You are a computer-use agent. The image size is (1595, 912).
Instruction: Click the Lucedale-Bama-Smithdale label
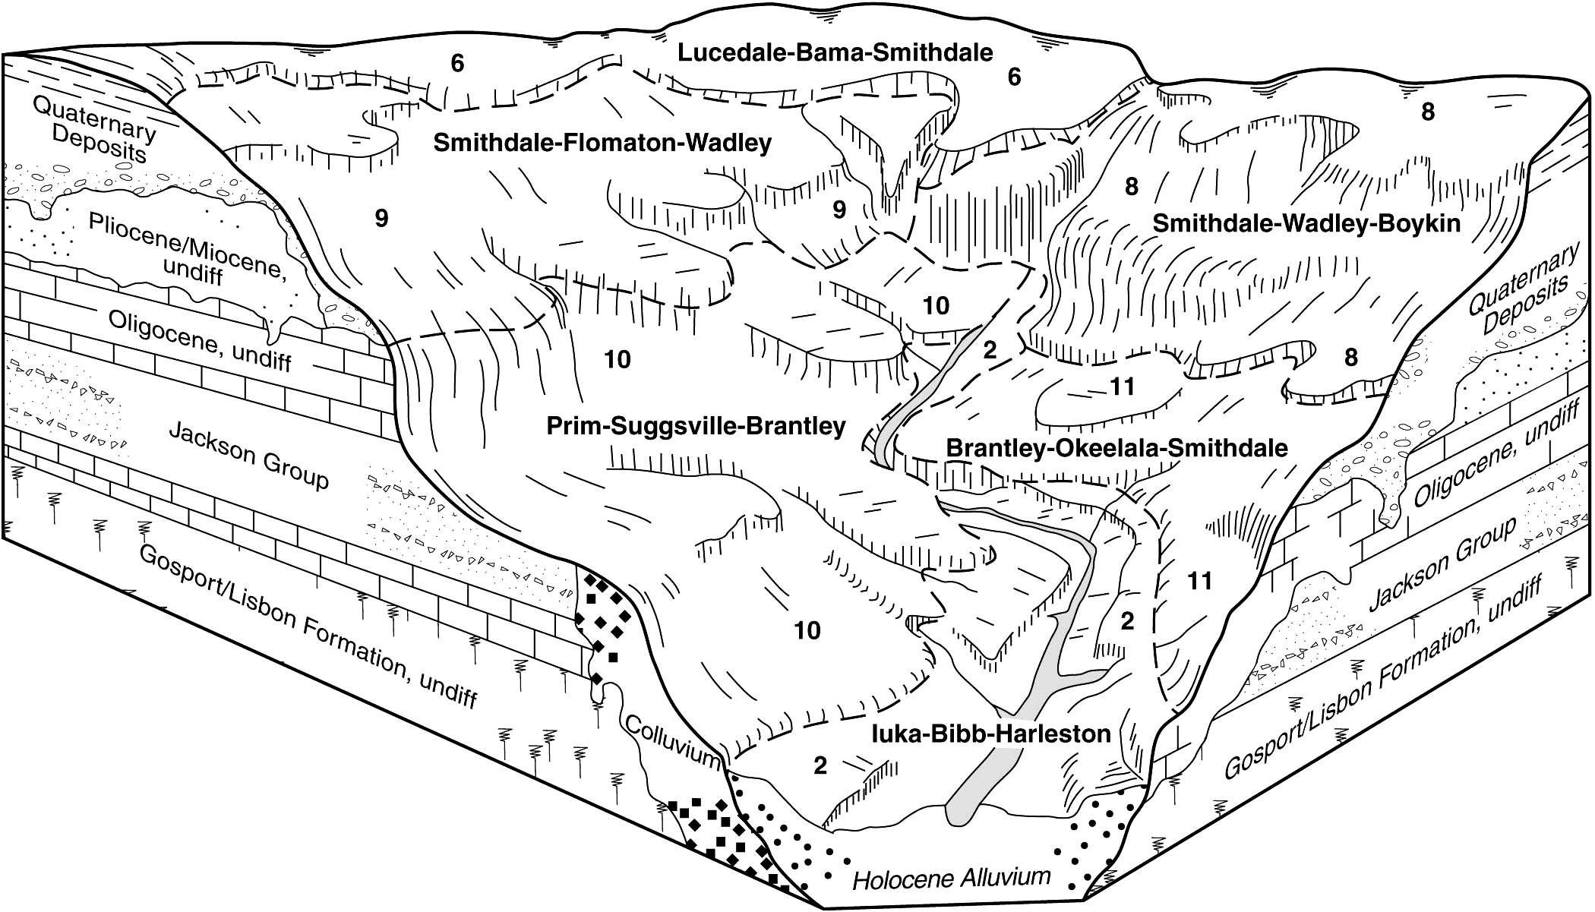tap(835, 52)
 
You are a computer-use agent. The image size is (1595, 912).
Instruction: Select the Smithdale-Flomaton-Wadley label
tap(602, 143)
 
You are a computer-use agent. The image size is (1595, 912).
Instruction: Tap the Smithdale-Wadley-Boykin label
tap(1306, 223)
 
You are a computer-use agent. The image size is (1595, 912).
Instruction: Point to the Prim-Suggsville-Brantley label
tap(696, 426)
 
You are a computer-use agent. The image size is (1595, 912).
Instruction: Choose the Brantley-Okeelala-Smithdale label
tap(1116, 447)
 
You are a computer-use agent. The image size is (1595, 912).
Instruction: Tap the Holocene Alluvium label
tap(951, 879)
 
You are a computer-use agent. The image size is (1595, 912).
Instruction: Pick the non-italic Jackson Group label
tap(248, 455)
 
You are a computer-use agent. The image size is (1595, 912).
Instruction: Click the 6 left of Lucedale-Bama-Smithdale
tap(456, 63)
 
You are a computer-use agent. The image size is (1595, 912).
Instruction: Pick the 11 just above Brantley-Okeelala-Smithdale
tap(1122, 387)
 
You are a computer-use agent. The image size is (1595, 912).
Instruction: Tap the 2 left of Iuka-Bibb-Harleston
tap(820, 765)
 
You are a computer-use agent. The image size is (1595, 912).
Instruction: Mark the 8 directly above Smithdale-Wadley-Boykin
tap(1132, 186)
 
